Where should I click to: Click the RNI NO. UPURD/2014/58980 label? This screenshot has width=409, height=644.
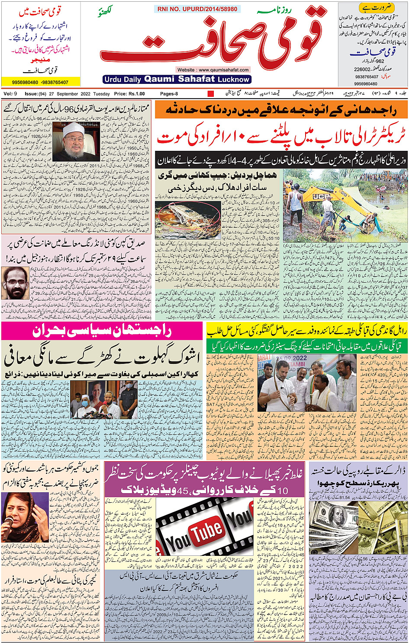point(197,9)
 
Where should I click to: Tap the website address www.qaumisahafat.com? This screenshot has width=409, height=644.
point(213,70)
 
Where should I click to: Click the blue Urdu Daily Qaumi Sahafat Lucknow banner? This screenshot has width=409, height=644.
point(177,79)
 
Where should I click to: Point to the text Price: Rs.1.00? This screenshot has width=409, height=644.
point(129,94)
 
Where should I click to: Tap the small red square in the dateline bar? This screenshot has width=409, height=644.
point(211,94)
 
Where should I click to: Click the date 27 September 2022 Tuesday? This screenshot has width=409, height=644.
point(80,94)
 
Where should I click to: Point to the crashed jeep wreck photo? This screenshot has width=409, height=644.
point(188,218)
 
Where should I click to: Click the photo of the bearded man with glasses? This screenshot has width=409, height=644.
point(14,283)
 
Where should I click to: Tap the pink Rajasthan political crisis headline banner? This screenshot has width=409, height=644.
point(102,332)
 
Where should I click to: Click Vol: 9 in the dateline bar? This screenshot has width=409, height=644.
point(10,94)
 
